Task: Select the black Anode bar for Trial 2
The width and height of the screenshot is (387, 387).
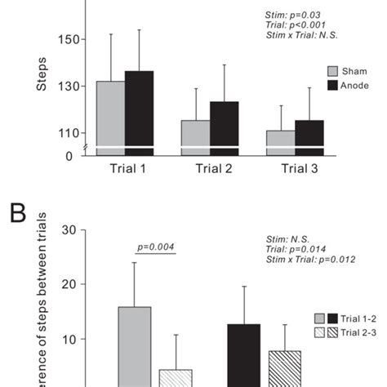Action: [224, 127]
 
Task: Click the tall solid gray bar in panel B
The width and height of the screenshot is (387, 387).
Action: [136, 347]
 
